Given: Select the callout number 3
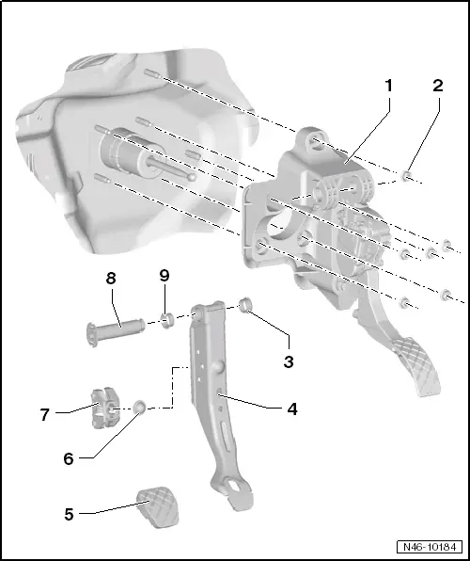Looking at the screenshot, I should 290,361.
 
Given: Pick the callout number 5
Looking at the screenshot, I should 70,514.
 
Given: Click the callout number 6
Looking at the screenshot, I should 68,458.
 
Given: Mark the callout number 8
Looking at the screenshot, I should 111,279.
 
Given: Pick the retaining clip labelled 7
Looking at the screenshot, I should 104,407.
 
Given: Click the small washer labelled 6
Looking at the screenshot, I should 138,407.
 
